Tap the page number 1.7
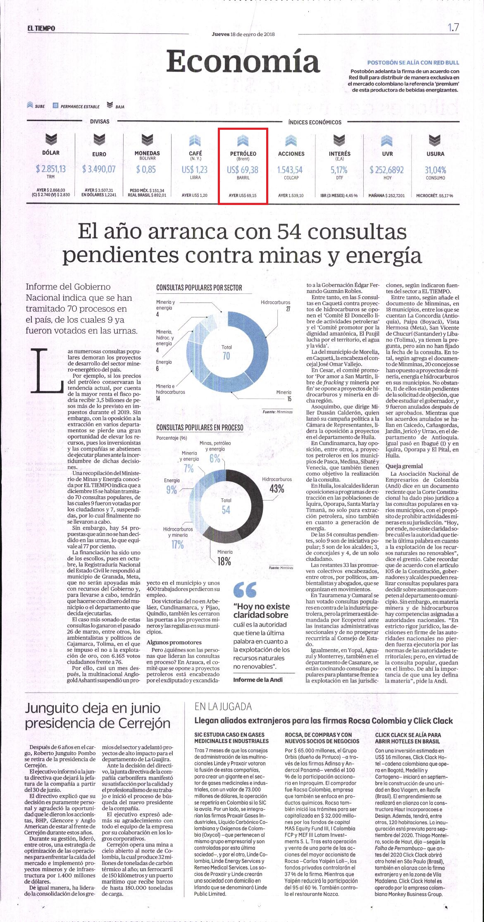(453, 28)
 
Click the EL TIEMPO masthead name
(41, 28)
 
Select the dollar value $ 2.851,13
(51, 169)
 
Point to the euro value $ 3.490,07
(99, 169)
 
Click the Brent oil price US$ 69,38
(243, 169)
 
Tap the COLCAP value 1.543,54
(290, 169)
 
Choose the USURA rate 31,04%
(436, 169)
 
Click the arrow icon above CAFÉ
(195, 141)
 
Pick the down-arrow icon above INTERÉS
(339, 141)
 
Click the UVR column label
(387, 154)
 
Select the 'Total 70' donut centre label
(226, 352)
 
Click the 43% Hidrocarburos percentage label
(277, 488)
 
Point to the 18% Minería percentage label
(224, 561)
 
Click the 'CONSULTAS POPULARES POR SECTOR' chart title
(199, 288)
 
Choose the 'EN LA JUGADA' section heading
(223, 706)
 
